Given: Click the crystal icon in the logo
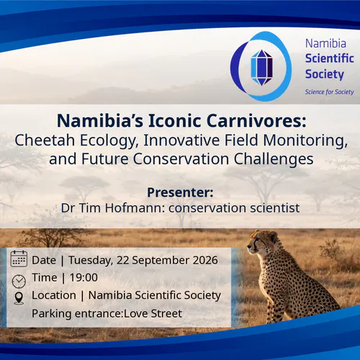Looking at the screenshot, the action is coord(261,68).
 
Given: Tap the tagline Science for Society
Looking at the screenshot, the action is coord(329,92).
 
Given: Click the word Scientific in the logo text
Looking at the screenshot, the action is coord(329,58).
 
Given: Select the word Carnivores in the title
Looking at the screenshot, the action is coord(256,120).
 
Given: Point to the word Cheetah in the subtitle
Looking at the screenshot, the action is coord(45,140).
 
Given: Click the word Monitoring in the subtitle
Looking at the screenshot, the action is coord(305,140).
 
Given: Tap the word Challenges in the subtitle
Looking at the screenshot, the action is coord(274,159).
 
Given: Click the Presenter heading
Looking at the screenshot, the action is coord(180,192).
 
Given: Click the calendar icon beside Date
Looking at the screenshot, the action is coord(19,258).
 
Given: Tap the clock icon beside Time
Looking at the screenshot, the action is coord(19,282).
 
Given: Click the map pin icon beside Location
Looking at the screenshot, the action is coord(19,298).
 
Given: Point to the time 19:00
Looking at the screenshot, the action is coord(84,278).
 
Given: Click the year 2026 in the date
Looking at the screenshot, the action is coord(205,260).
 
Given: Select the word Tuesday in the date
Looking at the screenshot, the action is coord(91,261).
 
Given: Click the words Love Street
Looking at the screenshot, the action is coord(153,313).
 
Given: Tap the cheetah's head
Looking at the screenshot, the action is coord(262,243).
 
